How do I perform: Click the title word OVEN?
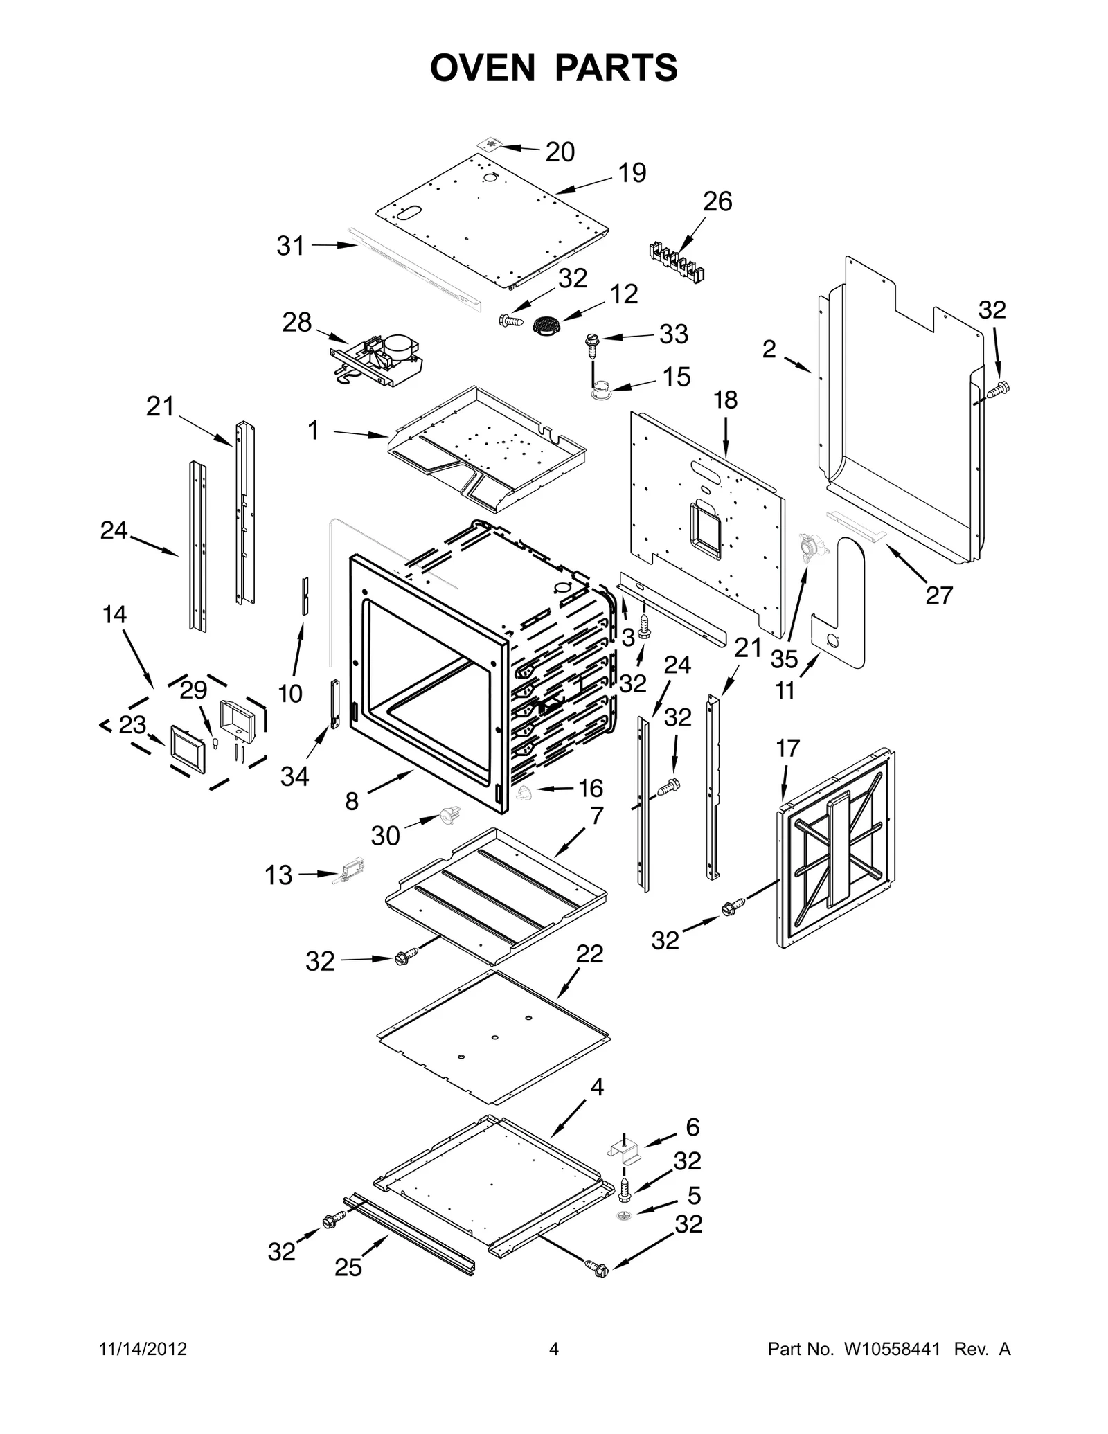[x=483, y=68]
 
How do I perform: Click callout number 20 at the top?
[x=560, y=152]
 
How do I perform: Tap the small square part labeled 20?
[x=491, y=145]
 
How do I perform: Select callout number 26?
[x=717, y=201]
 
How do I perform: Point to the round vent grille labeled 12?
[x=546, y=325]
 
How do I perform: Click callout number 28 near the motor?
[x=296, y=322]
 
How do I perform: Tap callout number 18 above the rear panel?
[x=725, y=400]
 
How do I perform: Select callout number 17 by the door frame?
[x=787, y=748]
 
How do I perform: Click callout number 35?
[x=784, y=658]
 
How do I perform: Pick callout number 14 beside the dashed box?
[x=114, y=613]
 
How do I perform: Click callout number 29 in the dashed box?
[x=193, y=690]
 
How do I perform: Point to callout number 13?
[x=278, y=875]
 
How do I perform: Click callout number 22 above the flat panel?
[x=589, y=953]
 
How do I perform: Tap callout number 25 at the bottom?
[x=348, y=1267]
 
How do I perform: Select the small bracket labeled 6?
[x=624, y=1151]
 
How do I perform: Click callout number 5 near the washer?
[x=693, y=1195]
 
